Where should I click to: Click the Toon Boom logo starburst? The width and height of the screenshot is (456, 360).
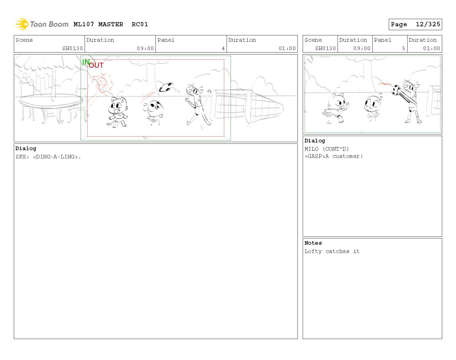point(22,24)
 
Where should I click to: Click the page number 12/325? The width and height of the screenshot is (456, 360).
point(428,24)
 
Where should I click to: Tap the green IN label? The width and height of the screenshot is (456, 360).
point(86,62)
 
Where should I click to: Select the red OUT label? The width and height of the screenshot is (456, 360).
point(96,65)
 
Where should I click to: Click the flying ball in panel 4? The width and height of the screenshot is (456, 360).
point(166,87)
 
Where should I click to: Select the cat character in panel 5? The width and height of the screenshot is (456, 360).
point(336,108)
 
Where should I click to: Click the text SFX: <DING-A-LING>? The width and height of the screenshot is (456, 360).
point(48,157)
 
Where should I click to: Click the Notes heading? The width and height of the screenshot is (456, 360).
point(313,243)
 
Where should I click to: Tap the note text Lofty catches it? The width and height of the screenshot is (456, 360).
point(332,251)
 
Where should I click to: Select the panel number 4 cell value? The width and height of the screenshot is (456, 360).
point(223,48)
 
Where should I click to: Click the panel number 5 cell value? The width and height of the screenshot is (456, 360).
point(403,48)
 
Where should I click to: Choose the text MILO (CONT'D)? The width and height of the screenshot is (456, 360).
point(327,149)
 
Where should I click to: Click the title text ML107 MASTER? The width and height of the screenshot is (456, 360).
point(98,24)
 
